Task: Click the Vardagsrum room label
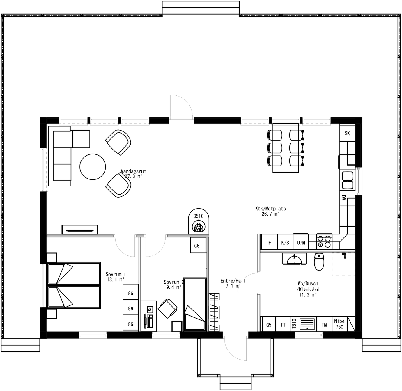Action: pyautogui.click(x=134, y=171)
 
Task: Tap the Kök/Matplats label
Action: pyautogui.click(x=270, y=209)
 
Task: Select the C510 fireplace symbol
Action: pyautogui.click(x=199, y=222)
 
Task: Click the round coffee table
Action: pyautogui.click(x=93, y=167)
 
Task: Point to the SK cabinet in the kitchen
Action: pyautogui.click(x=347, y=134)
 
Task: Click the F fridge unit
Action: pyautogui.click(x=270, y=242)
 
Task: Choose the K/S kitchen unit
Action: pyautogui.click(x=285, y=242)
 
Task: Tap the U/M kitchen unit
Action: pyautogui.click(x=301, y=242)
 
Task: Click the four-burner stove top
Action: pyautogui.click(x=324, y=241)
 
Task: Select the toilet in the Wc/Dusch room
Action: pyautogui.click(x=319, y=262)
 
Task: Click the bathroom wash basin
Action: pyautogui.click(x=294, y=259)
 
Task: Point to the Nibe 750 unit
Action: pyautogui.click(x=339, y=324)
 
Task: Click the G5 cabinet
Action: pyautogui.click(x=269, y=325)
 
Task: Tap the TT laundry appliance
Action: pyautogui.click(x=283, y=325)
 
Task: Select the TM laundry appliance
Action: pyautogui.click(x=324, y=325)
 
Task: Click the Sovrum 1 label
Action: pyautogui.click(x=116, y=274)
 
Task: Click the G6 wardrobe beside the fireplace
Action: pyautogui.click(x=197, y=246)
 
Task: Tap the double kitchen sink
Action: pyautogui.click(x=348, y=180)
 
